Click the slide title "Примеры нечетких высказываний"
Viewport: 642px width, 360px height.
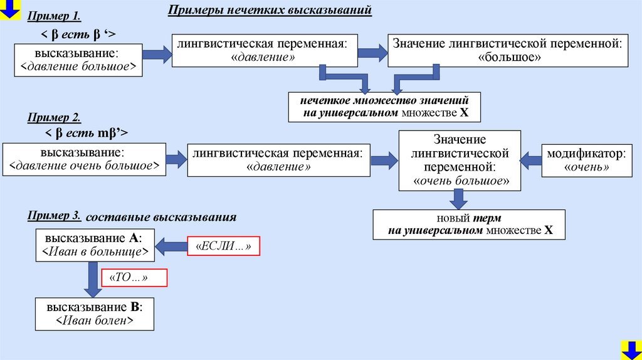pos(270,11)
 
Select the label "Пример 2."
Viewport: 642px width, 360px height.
pos(54,119)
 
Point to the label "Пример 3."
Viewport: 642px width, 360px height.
pos(54,216)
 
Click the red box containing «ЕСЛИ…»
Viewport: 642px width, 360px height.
pos(223,246)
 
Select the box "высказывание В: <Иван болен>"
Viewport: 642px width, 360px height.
pos(94,314)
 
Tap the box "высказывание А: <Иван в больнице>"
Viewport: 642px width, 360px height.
pos(94,245)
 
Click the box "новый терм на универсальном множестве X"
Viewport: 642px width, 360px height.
pos(469,225)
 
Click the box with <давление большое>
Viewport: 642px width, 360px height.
pos(78,60)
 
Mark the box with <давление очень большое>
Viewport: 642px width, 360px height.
pos(85,159)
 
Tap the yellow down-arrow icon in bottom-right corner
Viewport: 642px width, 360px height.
pos(630,349)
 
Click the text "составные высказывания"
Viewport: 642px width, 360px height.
pos(160,218)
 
